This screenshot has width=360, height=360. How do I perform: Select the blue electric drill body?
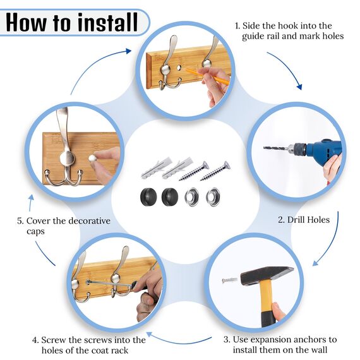point(320,150)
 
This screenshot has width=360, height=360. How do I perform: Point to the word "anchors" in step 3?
point(311,339)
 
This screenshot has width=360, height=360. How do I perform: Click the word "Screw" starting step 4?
point(58,340)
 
